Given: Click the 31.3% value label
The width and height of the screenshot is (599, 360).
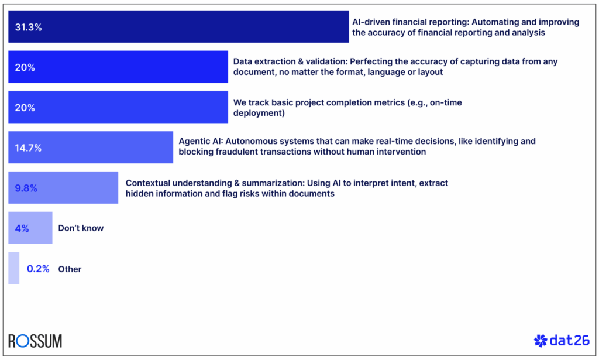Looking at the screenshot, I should [x=28, y=27].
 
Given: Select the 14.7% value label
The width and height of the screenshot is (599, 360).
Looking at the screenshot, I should [x=28, y=148].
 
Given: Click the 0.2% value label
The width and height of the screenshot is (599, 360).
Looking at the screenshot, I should [x=38, y=269].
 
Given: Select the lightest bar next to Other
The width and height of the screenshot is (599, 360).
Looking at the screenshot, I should [x=13, y=268].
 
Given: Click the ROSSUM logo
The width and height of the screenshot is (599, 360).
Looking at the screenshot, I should [x=35, y=341].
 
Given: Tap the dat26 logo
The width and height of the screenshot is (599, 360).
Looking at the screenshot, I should [x=562, y=341].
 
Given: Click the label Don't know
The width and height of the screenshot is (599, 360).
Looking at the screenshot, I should [x=81, y=228].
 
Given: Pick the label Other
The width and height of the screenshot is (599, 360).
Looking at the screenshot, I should [x=70, y=269].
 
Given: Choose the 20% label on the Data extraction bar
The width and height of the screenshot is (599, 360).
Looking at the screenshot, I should [x=25, y=67].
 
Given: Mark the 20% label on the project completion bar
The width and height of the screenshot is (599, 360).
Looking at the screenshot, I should [x=25, y=108].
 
